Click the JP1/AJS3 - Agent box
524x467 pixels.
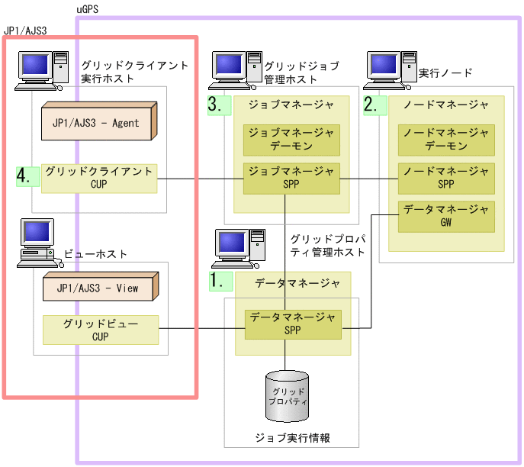click(98, 122)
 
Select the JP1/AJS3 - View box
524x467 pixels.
click(98, 288)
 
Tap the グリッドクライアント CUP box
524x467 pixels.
click(99, 178)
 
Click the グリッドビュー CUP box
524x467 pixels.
click(100, 330)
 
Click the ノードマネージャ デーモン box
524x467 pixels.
click(446, 139)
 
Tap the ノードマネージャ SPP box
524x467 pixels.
click(446, 178)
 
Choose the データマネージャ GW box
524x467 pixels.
click(446, 216)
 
